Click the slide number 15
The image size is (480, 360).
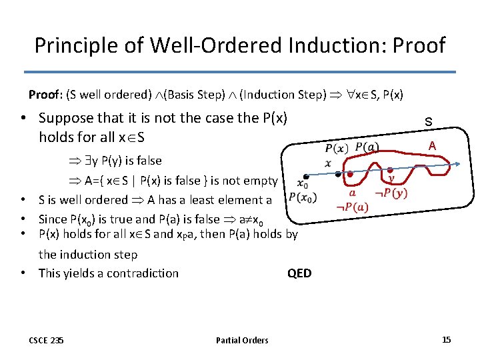point(446,340)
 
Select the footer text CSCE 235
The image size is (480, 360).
point(47,341)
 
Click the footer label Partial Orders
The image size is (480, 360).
point(242,341)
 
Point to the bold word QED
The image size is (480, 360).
point(299,273)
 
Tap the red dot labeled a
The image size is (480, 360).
point(351,175)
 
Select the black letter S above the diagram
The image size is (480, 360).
point(429,123)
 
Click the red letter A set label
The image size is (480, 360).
point(432,146)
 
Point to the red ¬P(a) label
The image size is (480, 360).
point(352,207)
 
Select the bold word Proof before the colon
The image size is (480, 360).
point(44,95)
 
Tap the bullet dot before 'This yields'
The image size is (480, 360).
point(23,273)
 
